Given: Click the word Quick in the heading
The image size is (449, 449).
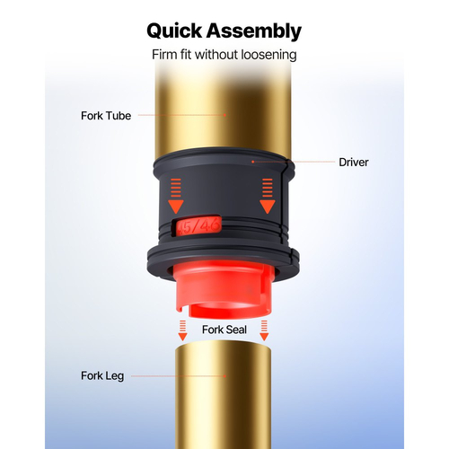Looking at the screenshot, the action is [x=174, y=31].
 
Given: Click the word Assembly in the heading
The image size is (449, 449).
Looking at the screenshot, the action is [x=254, y=31].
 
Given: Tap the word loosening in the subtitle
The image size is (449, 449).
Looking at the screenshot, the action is [x=269, y=55].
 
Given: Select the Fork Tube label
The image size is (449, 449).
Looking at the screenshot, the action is [x=106, y=116].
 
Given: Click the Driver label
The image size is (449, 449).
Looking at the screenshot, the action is [x=354, y=163].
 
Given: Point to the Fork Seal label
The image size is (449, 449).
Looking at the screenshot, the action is [x=224, y=330].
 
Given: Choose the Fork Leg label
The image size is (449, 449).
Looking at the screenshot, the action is [x=102, y=376].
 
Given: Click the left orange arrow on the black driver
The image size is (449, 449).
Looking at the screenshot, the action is [x=176, y=196].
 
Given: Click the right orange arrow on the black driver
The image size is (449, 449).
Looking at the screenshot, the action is [x=268, y=196].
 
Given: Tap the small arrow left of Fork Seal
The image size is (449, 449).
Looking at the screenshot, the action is [x=182, y=330].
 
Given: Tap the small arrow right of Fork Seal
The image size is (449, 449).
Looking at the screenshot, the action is [x=264, y=330].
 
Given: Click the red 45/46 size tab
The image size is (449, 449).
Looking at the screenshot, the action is [x=198, y=226].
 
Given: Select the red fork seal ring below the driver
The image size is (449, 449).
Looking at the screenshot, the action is [x=223, y=290].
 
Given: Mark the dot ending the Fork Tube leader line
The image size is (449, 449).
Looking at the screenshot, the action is [x=224, y=115].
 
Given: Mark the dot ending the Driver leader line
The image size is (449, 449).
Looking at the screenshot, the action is [x=252, y=162].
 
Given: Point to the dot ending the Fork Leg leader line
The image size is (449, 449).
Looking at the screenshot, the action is [x=224, y=376].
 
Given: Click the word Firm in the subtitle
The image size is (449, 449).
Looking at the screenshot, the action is [x=163, y=55].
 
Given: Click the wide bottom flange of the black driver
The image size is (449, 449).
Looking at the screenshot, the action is [x=223, y=263].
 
